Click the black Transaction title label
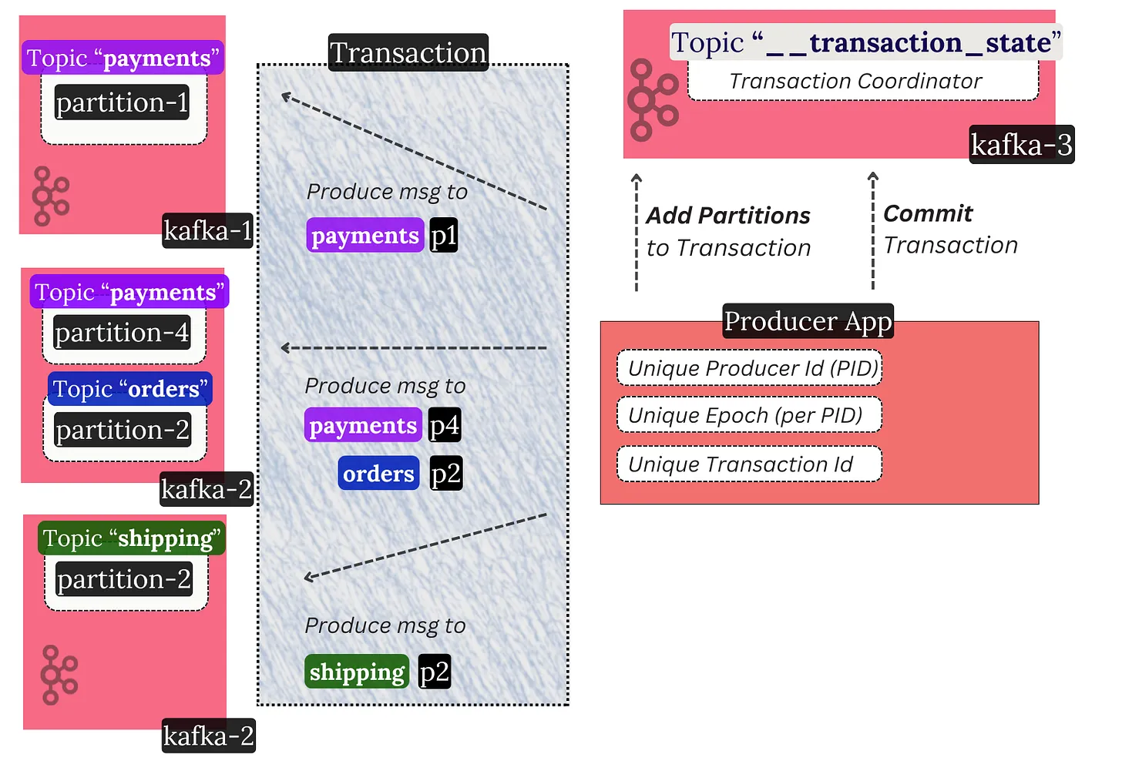click(x=408, y=53)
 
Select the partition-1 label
click(x=122, y=102)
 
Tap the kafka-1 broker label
click(x=207, y=230)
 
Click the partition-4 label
click(x=122, y=333)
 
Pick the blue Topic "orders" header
click(x=129, y=389)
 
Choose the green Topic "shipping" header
click(x=131, y=538)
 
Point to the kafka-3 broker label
click(x=1021, y=145)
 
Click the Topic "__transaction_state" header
click(x=865, y=42)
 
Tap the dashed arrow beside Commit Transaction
click(x=872, y=231)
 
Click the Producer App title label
click(x=808, y=321)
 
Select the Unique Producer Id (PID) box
click(x=749, y=368)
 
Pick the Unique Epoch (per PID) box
click(x=749, y=416)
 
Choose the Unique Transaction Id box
click(x=749, y=464)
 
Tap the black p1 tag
click(x=443, y=236)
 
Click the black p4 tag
click(x=445, y=425)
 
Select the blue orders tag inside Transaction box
click(x=378, y=474)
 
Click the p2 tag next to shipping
click(x=434, y=672)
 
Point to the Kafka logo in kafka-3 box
click(x=652, y=100)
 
